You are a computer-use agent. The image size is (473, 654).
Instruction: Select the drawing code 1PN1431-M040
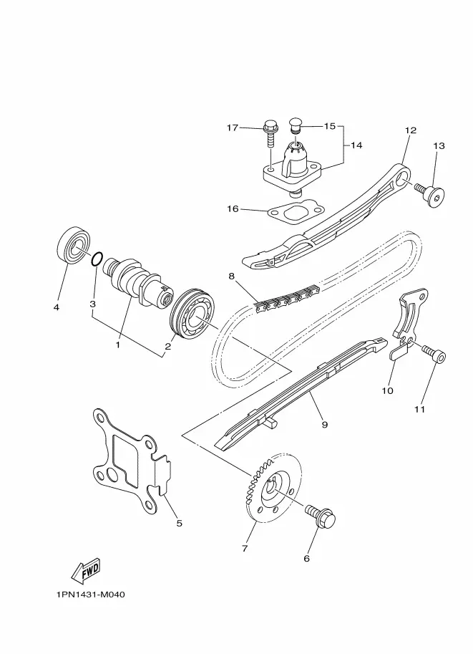(90, 595)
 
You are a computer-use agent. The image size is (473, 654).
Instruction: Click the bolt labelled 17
(269, 133)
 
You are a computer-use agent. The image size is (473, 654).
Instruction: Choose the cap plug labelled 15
(295, 125)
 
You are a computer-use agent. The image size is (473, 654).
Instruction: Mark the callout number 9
(325, 425)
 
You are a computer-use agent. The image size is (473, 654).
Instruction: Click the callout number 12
(411, 130)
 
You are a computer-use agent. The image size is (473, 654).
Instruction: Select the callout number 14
(356, 145)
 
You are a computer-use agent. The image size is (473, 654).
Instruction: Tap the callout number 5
(179, 523)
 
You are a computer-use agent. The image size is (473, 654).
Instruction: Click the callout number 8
(232, 276)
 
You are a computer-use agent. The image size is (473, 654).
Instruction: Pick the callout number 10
(388, 390)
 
